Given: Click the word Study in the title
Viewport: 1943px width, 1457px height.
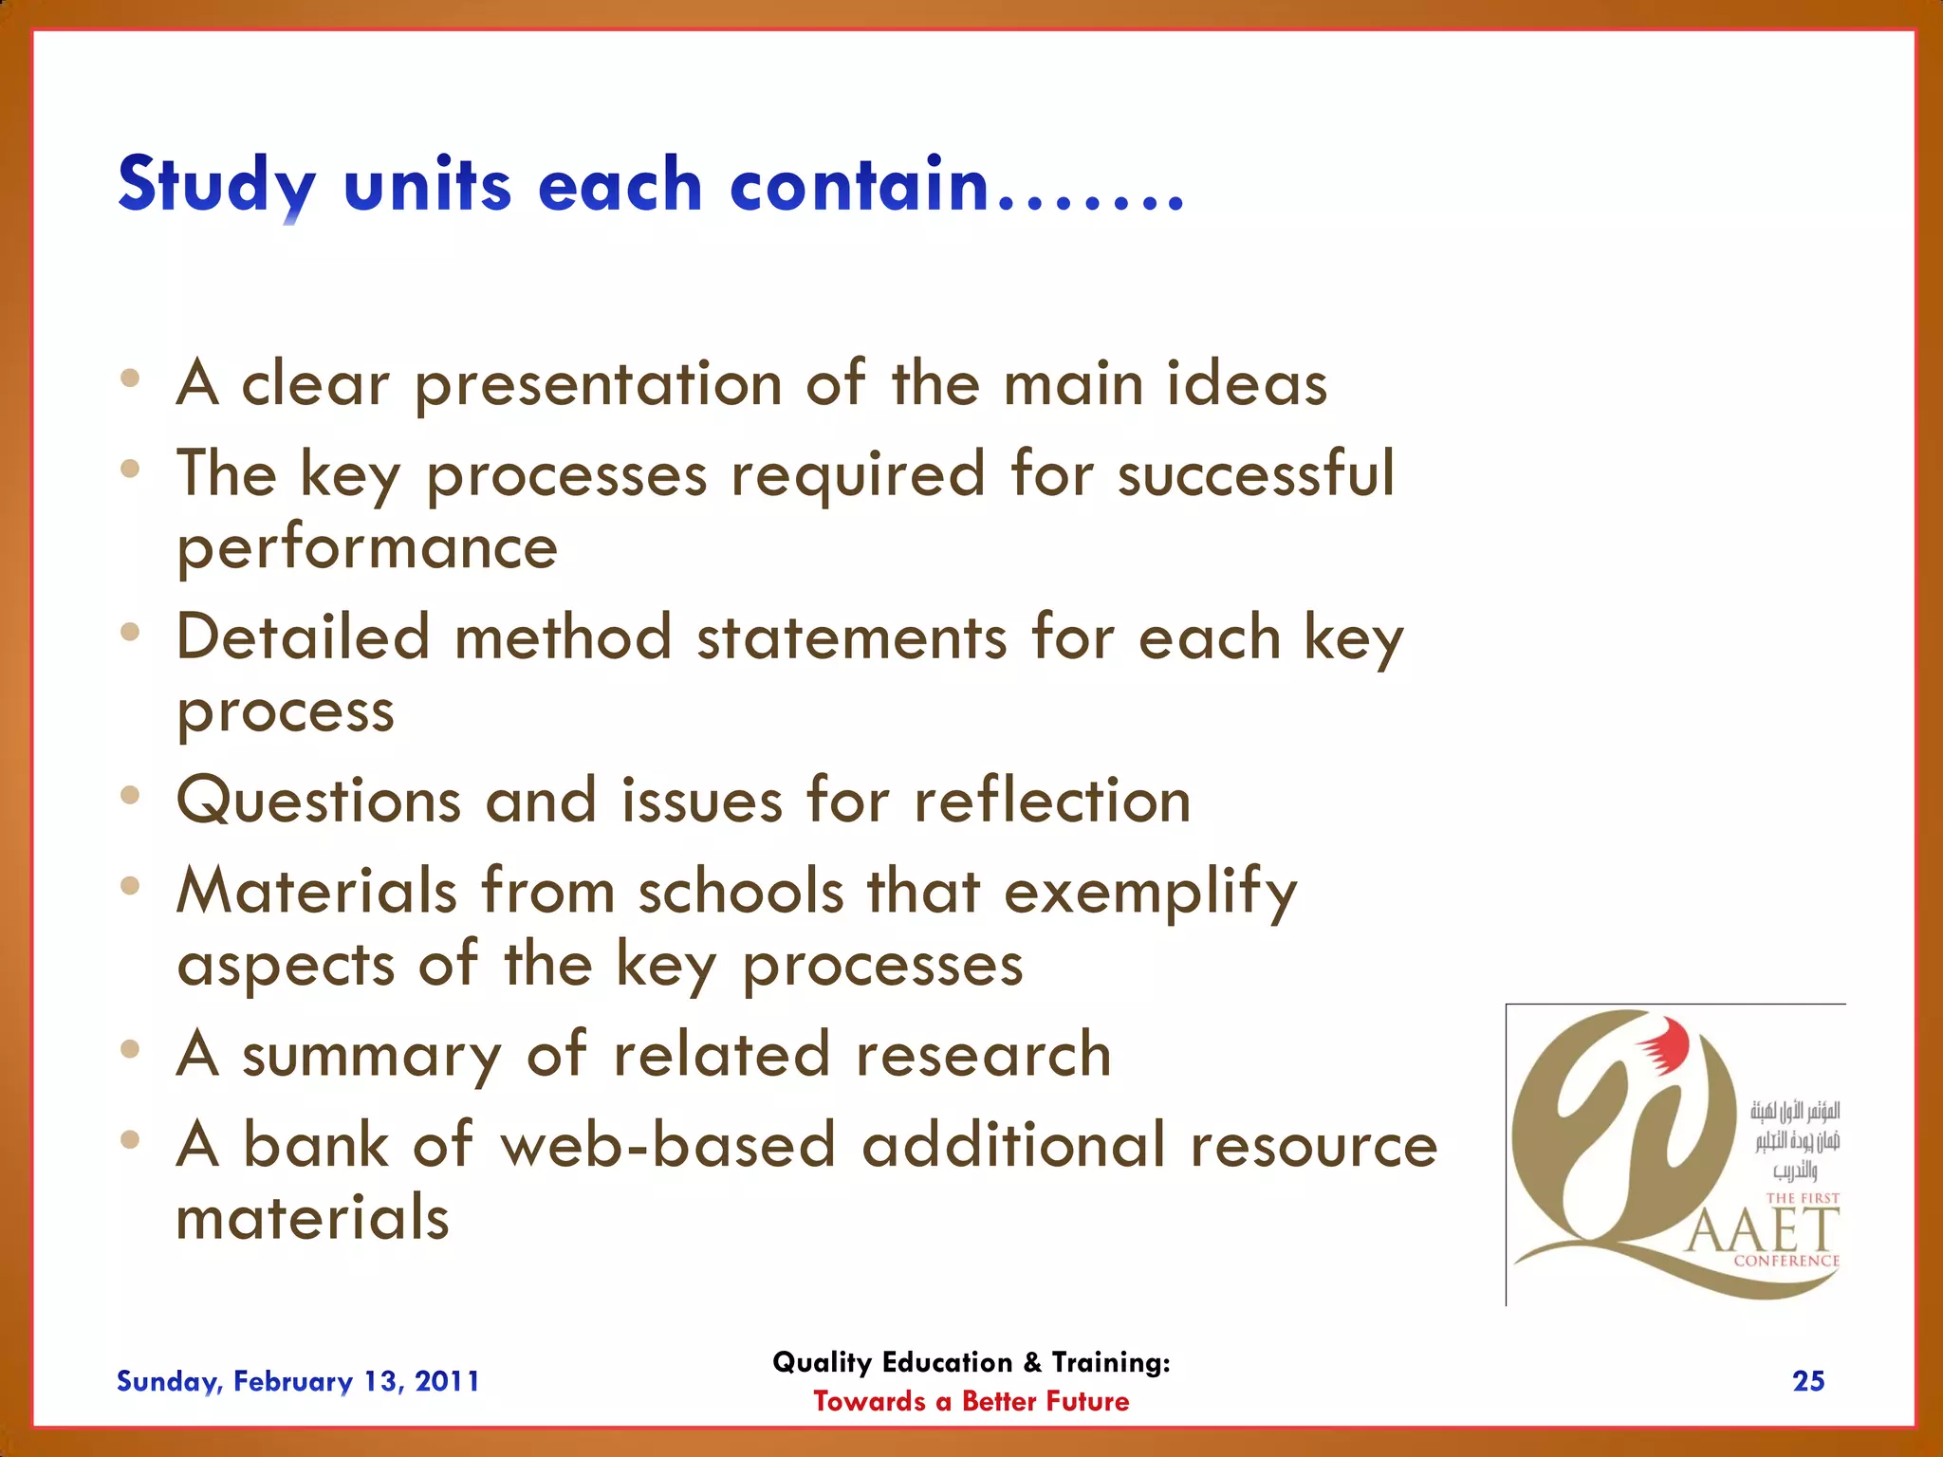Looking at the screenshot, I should pyautogui.click(x=216, y=185).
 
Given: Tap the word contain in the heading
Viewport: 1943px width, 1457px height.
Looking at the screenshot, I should pyautogui.click(x=859, y=185).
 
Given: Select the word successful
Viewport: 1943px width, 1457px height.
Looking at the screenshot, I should pyautogui.click(x=1255, y=473).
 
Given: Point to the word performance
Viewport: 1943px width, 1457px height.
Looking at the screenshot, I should pyautogui.click(x=367, y=549).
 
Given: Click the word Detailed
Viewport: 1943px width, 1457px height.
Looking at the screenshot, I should pyautogui.click(x=303, y=636).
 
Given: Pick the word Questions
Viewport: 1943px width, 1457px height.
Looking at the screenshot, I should pyautogui.click(x=319, y=801).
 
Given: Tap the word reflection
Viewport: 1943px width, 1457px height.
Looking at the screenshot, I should pyautogui.click(x=1051, y=801).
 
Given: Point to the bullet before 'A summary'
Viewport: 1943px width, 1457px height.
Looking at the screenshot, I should pyautogui.click(x=131, y=1049).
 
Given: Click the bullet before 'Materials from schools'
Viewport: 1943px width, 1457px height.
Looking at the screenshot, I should pyautogui.click(x=131, y=886).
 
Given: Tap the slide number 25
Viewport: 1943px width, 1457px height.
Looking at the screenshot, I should pyautogui.click(x=1808, y=1381).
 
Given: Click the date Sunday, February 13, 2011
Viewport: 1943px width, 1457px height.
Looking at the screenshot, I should pyautogui.click(x=298, y=1381).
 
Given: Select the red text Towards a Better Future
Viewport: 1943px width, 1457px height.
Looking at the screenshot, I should pyautogui.click(x=971, y=1402).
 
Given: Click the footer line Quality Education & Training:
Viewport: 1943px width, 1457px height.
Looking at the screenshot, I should pyautogui.click(x=971, y=1363).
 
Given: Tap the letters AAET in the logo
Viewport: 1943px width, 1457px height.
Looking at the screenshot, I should pyautogui.click(x=1763, y=1231).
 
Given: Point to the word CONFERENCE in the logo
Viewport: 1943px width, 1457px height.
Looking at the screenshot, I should pyautogui.click(x=1786, y=1262).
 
